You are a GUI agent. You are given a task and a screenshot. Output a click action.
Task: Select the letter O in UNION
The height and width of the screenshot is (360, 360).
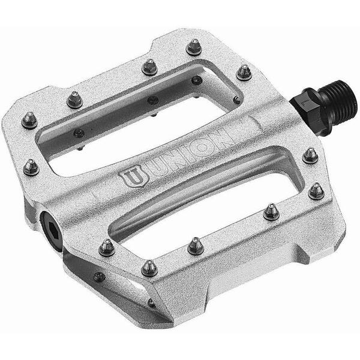click(x=199, y=149)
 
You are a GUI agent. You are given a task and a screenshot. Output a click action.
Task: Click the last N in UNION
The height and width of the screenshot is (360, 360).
click(x=220, y=139)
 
